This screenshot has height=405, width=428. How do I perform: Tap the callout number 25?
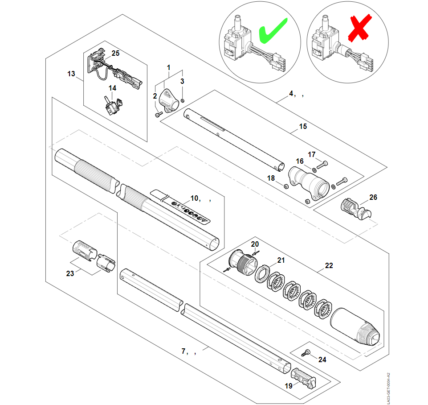click(115, 53)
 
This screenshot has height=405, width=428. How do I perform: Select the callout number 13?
click(71, 74)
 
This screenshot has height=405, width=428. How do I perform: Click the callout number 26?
click(373, 197)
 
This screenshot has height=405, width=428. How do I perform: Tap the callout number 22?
click(329, 266)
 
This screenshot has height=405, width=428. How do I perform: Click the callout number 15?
click(303, 127)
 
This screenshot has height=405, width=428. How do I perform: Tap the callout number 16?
click(300, 161)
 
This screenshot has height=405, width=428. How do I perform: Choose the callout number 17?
click(312, 154)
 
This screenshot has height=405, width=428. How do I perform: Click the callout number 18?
click(271, 178)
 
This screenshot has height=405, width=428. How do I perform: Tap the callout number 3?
click(182, 81)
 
